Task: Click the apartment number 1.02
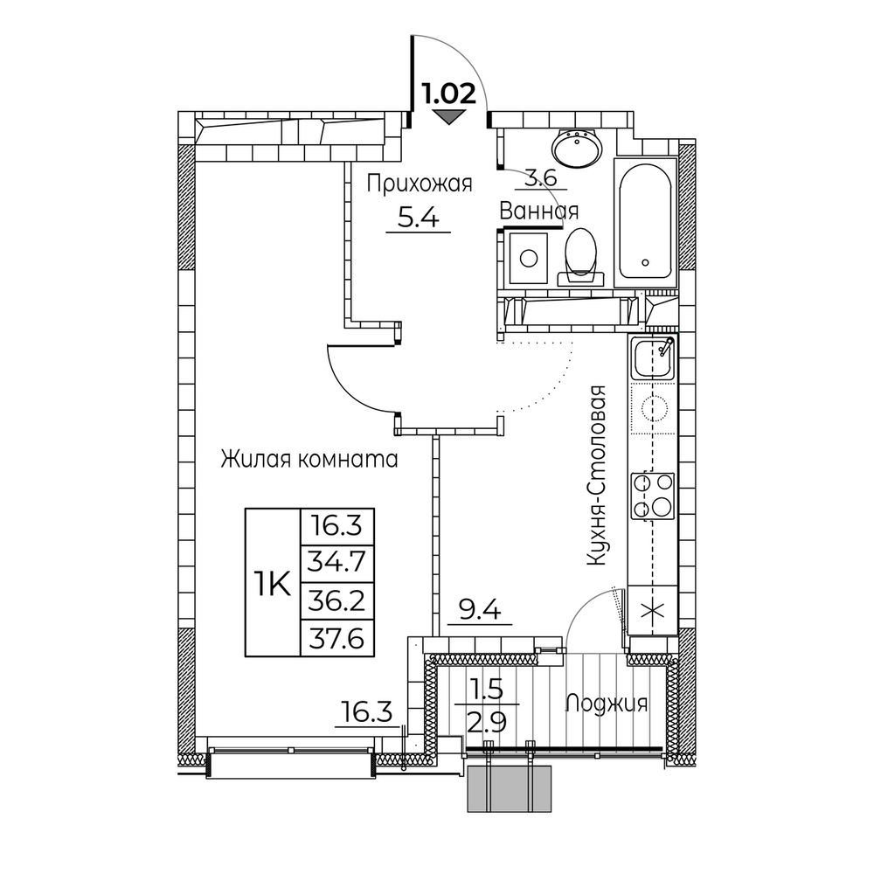click(x=449, y=94)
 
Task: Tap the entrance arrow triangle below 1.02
click(x=449, y=116)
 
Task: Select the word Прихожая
click(x=420, y=184)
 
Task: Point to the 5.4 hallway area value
click(x=418, y=217)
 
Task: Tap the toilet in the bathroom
click(x=581, y=257)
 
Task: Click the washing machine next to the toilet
click(x=529, y=258)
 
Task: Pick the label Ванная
click(x=538, y=212)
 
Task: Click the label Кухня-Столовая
click(x=596, y=475)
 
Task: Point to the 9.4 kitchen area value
click(x=480, y=610)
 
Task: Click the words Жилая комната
click(x=309, y=460)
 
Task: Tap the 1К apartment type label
click(x=273, y=586)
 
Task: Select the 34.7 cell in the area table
click(x=337, y=562)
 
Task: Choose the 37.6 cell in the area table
click(x=337, y=637)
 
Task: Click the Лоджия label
click(x=607, y=704)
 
